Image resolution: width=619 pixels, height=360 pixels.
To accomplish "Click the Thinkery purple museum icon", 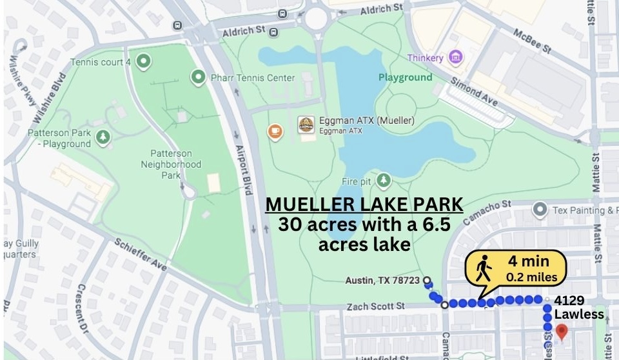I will pos(456,57).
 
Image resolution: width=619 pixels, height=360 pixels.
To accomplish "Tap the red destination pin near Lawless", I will pos(562,332).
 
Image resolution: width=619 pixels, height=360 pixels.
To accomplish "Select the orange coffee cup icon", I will pos(275,132).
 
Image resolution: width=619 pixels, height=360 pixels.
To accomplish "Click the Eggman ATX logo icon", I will pos(306,125).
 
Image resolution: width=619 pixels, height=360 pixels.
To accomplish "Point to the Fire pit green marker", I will pos(385,179).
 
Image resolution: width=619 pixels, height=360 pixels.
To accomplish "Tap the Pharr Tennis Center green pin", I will pos(198,77).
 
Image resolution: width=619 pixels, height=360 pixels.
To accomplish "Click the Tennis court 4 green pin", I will pos(143,62).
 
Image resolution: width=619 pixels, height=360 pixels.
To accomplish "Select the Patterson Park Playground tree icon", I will pos(102,137).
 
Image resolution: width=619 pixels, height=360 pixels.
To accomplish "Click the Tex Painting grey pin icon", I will pos(540,210).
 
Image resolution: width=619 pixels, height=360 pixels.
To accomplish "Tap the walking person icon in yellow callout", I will pos(483,270).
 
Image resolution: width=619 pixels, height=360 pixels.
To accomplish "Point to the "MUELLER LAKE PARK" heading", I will pos(364,205).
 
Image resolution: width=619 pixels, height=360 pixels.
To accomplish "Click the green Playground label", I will pos(405,77).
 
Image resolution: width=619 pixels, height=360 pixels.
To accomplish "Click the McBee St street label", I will pos(533,40).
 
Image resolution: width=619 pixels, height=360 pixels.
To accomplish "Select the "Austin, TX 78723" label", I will pos(382,281).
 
